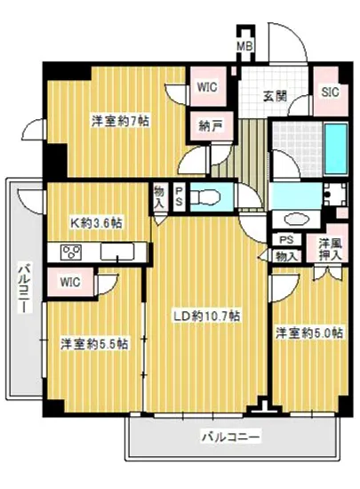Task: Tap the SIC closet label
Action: pos(329,91)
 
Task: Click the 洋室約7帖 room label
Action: pos(117,121)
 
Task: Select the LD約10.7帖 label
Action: pos(210,316)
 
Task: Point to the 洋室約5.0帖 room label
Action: pos(307,333)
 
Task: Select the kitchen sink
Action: pos(116,253)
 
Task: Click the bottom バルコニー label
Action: pos(228,437)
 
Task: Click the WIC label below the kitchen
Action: pos(73,282)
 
